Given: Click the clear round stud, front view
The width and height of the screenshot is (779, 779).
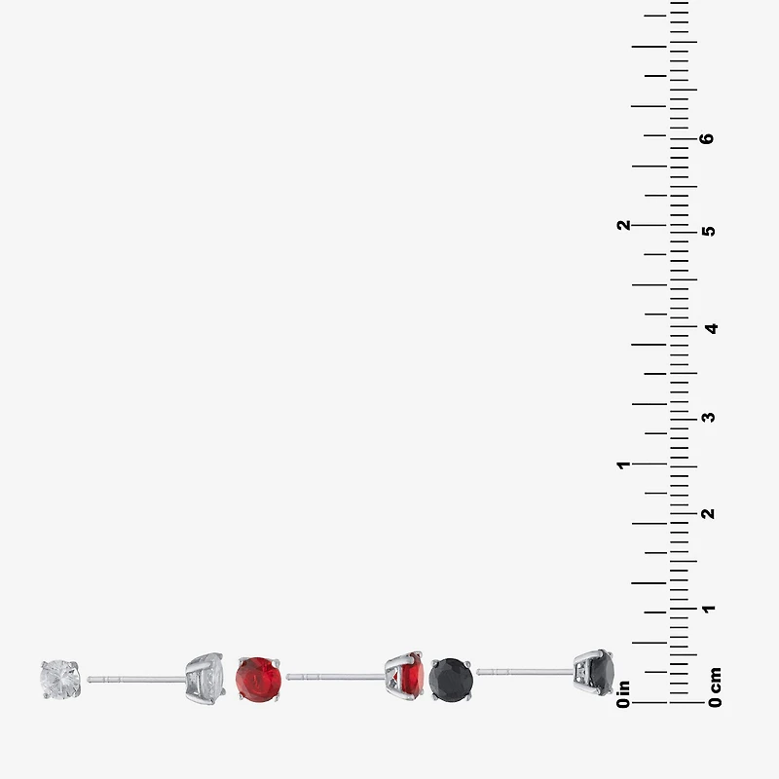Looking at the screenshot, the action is pyautogui.click(x=60, y=679).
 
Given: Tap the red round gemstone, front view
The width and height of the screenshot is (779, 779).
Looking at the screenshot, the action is pyautogui.click(x=258, y=679).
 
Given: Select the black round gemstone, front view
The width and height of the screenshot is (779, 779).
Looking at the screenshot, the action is pyautogui.click(x=451, y=680).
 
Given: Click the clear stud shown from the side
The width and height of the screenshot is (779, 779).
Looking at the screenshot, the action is pyautogui.click(x=205, y=679).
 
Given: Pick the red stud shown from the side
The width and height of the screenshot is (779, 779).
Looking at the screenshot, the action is pyautogui.click(x=405, y=676).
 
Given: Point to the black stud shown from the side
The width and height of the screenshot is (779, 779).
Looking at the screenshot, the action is pyautogui.click(x=594, y=672).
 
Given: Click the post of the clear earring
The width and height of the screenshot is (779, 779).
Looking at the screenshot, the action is pyautogui.click(x=136, y=679).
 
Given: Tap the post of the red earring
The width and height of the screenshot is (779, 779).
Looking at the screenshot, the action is pyautogui.click(x=336, y=677).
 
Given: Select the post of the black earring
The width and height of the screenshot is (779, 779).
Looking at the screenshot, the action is pyautogui.click(x=526, y=672).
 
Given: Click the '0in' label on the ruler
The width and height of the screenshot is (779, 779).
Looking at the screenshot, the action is pyautogui.click(x=623, y=694).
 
